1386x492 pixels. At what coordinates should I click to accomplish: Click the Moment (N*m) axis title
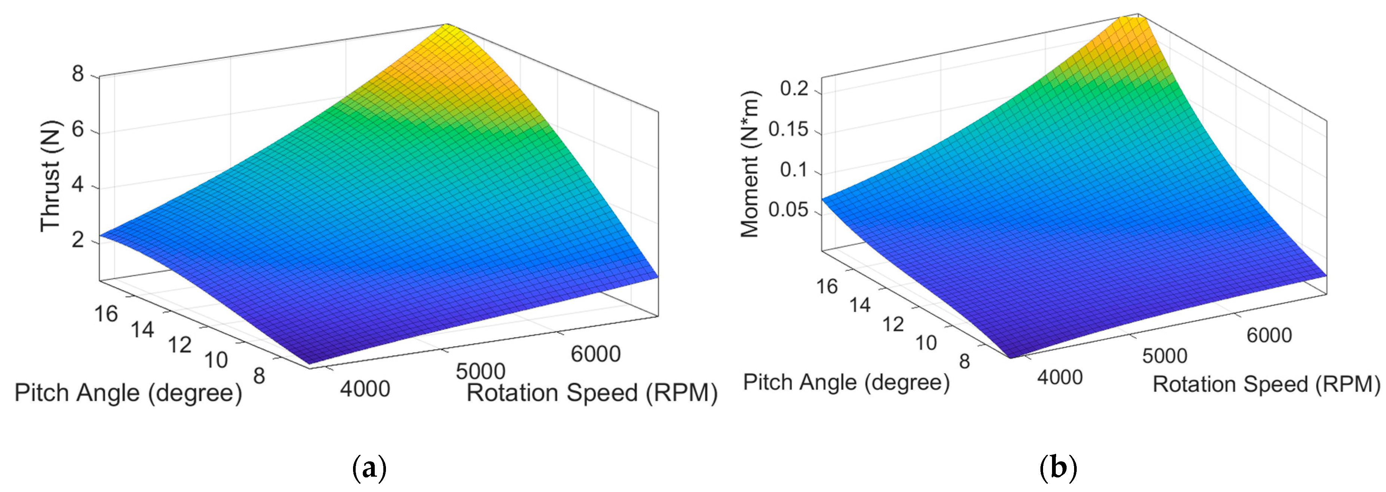749,164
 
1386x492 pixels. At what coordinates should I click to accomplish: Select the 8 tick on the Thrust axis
79,74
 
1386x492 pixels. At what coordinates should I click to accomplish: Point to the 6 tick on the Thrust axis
79,130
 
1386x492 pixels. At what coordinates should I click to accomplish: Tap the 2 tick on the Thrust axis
79,240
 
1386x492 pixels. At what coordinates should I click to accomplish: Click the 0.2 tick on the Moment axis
794,88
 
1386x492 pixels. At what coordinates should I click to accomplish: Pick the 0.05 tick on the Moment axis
788,210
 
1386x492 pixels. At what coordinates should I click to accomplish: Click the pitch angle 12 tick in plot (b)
893,324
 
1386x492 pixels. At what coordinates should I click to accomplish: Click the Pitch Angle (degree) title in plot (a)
128,393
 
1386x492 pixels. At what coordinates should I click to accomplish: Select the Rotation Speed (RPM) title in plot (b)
1266,384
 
